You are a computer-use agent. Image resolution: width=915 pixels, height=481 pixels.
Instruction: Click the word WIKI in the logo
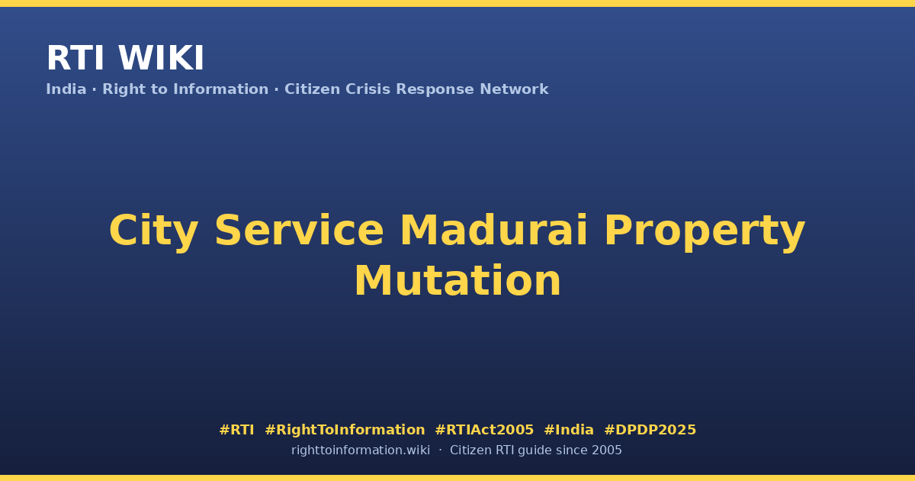[161, 58]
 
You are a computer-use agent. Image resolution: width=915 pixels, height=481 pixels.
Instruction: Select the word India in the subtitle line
[66, 89]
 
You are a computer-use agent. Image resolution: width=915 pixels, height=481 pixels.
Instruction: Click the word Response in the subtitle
[435, 89]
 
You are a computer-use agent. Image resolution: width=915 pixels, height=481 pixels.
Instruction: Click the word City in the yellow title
[154, 231]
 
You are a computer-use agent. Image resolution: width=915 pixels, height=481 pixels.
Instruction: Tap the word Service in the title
[299, 231]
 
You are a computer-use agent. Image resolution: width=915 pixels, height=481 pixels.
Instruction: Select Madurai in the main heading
[493, 231]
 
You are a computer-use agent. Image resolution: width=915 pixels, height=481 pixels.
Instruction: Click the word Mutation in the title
[457, 281]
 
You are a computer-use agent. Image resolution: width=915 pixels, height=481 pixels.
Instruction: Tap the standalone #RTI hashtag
[236, 430]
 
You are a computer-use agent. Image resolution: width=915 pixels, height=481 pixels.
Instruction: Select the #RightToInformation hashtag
[345, 430]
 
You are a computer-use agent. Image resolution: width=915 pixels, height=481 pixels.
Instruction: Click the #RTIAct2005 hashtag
[484, 430]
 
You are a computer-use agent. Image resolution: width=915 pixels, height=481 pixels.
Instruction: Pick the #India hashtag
[569, 430]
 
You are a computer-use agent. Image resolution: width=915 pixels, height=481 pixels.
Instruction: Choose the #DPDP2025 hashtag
[650, 430]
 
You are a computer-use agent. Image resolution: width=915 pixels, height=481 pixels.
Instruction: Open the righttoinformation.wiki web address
[361, 450]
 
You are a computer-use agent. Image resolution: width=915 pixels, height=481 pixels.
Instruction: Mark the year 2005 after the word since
[607, 450]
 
